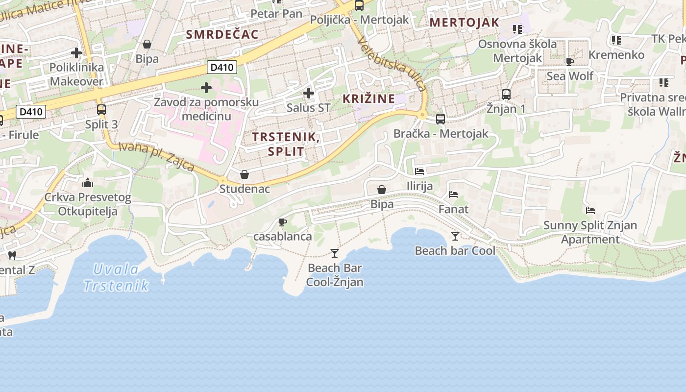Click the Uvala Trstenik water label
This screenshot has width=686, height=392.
(x=116, y=277)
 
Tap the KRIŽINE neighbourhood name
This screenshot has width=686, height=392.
(x=368, y=98)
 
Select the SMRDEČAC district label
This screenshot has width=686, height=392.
(x=222, y=34)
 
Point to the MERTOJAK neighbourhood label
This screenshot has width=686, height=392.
(x=465, y=22)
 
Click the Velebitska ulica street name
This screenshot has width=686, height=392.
(x=392, y=64)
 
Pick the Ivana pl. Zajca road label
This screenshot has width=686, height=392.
(x=157, y=156)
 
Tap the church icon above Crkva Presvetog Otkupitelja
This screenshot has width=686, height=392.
(x=88, y=183)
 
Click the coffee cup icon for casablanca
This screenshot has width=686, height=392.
(x=283, y=222)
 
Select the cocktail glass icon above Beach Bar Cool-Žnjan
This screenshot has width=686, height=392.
(x=335, y=253)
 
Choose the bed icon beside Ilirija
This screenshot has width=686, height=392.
(x=419, y=171)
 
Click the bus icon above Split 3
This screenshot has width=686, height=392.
(x=101, y=110)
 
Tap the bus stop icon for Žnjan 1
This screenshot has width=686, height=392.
(x=506, y=94)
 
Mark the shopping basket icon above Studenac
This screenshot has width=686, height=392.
(x=245, y=174)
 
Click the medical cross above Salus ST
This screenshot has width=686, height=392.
(x=309, y=93)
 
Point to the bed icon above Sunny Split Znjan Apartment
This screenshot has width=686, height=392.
(x=590, y=211)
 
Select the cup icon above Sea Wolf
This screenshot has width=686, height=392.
(x=569, y=62)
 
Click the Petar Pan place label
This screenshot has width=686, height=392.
(x=276, y=14)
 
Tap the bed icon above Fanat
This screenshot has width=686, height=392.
(x=453, y=195)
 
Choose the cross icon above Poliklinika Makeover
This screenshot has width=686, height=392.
(x=76, y=52)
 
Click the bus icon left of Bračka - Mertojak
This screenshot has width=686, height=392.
(x=441, y=119)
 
